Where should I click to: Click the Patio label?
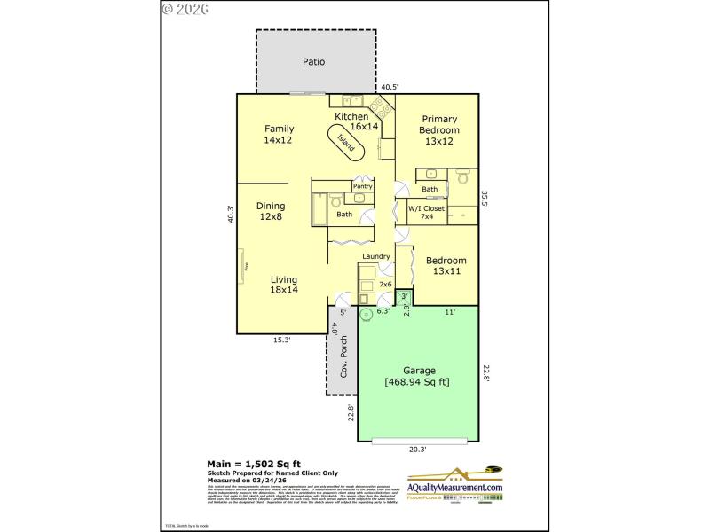click(313, 62)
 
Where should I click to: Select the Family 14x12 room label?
click(278, 134)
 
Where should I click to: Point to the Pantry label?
click(362, 186)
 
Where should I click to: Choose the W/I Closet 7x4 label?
click(426, 213)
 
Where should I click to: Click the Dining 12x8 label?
click(271, 210)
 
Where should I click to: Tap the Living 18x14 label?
click(284, 285)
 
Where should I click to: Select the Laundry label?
click(375, 257)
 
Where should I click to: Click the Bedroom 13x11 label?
click(446, 266)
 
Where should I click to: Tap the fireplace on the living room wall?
click(241, 266)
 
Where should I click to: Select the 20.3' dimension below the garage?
click(417, 450)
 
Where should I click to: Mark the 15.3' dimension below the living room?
click(282, 340)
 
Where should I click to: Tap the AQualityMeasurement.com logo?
click(455, 486)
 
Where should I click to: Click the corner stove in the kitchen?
click(383, 107)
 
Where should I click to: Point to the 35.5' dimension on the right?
click(485, 199)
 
